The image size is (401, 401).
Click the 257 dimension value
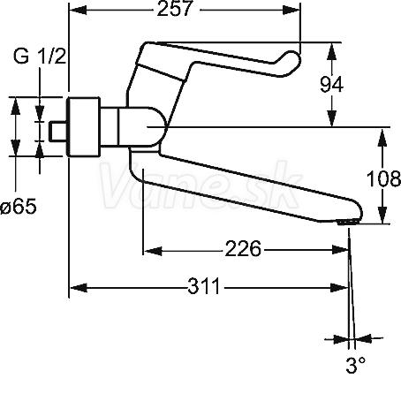tap(175, 9)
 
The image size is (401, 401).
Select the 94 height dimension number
tap(331, 84)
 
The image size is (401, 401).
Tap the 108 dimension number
tap(384, 178)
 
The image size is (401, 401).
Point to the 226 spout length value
tap(243, 249)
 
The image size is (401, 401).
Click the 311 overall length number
tap(204, 286)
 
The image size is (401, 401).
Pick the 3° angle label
tap(356, 365)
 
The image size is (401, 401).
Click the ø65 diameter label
tap(19, 206)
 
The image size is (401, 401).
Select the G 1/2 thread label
tap(40, 56)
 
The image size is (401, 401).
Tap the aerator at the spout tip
tap(348, 223)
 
